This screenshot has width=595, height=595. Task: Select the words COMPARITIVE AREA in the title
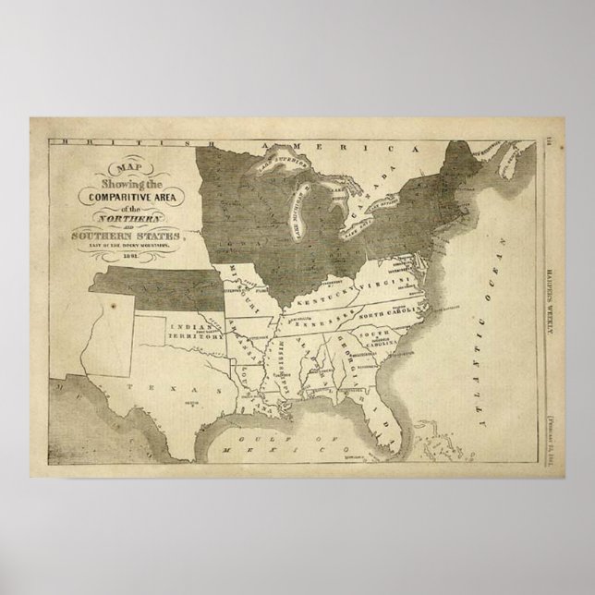pos(126,195)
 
